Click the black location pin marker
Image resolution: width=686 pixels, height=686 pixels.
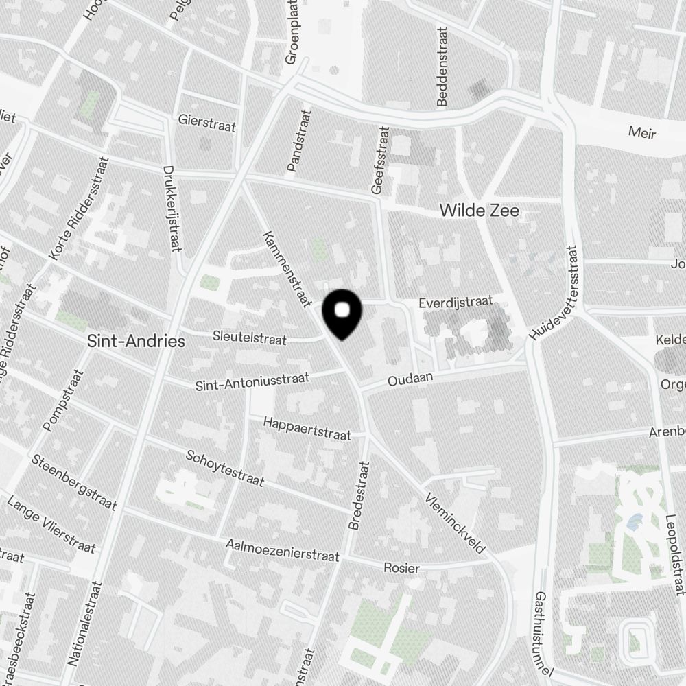click(x=343, y=314)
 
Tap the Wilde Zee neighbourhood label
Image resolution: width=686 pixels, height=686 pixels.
click(x=480, y=211)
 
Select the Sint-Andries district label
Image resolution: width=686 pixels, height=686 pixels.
click(x=137, y=341)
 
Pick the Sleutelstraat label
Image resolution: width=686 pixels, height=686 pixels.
click(x=249, y=337)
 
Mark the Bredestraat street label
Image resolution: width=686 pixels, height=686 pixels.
click(x=359, y=495)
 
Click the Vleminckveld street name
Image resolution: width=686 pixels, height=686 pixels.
click(x=456, y=523)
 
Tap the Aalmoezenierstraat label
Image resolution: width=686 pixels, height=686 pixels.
click(x=283, y=550)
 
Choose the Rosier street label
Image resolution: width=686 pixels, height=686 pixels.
click(x=401, y=568)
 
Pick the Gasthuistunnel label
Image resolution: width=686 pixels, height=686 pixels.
click(x=542, y=633)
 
